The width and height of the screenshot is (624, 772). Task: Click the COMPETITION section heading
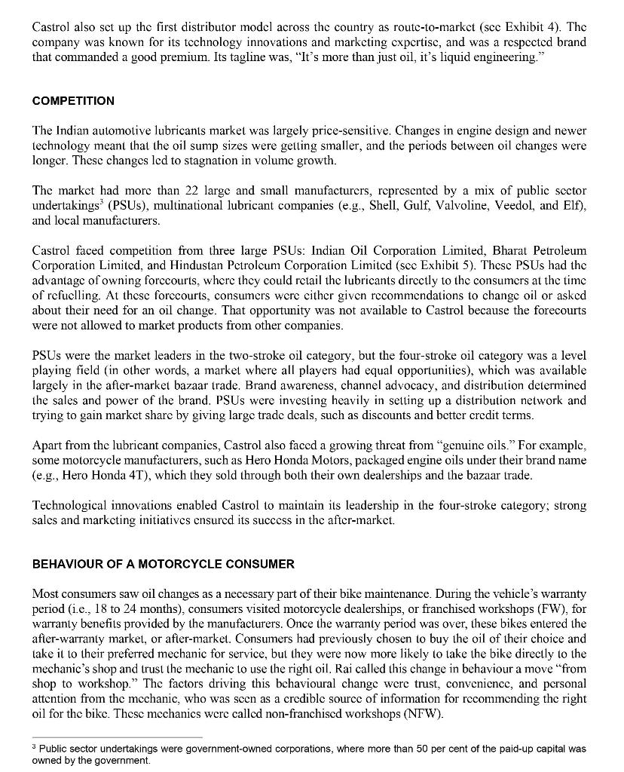[73, 101]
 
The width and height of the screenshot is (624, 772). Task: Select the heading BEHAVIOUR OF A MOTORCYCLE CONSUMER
[164, 564]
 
